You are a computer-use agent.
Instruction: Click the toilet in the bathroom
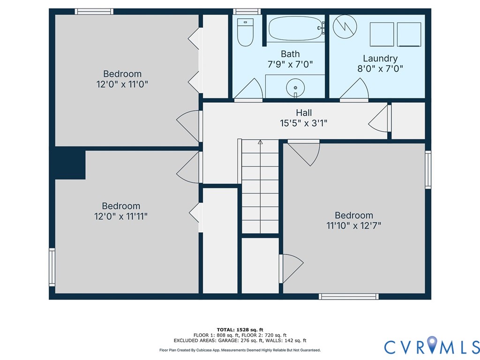[245, 32]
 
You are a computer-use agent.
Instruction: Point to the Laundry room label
[380, 59]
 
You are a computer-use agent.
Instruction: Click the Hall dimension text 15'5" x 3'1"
[304, 123]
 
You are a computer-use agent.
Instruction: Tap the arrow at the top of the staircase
[261, 142]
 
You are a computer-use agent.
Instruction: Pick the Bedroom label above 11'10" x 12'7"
[353, 215]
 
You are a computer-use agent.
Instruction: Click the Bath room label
[290, 54]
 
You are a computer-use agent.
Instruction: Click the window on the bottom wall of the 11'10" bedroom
[348, 296]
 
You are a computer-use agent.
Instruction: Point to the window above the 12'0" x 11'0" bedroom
[94, 12]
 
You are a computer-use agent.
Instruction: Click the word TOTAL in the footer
[228, 330]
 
